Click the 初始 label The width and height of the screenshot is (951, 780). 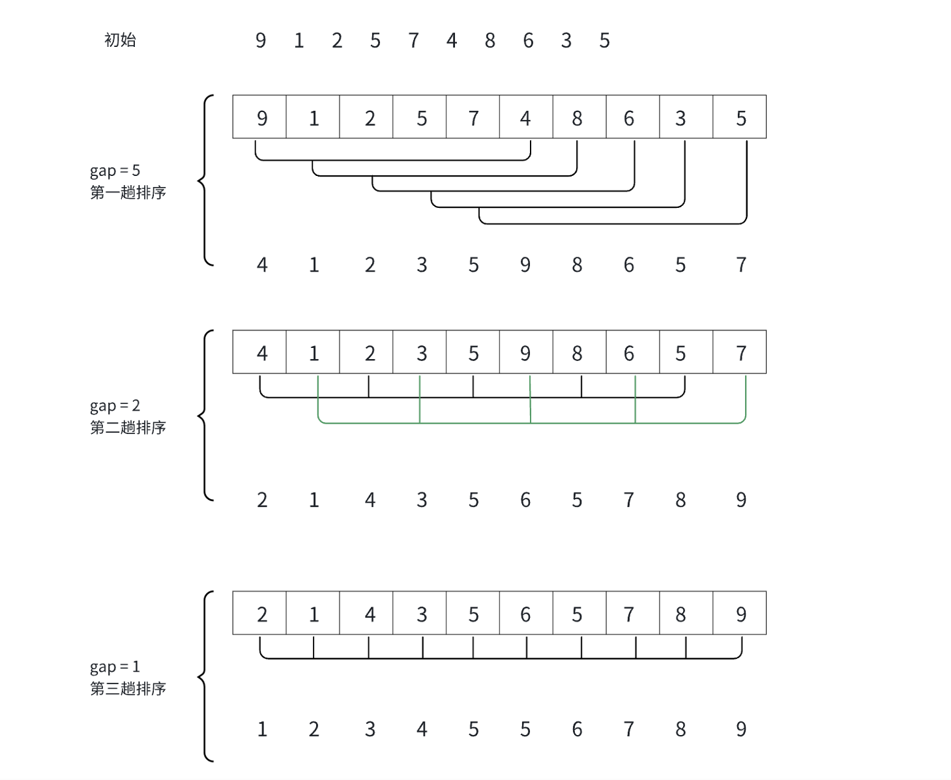pos(120,40)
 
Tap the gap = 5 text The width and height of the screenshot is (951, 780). pos(115,171)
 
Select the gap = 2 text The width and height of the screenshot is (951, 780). pos(115,406)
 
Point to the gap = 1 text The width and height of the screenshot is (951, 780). pos(115,667)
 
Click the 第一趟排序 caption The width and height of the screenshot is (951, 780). pos(128,192)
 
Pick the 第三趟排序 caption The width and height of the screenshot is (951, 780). pos(128,688)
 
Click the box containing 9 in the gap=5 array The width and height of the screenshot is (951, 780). pos(259,117)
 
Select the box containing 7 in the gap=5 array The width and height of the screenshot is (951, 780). pos(473,117)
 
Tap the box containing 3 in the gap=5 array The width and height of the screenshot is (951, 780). pos(686,117)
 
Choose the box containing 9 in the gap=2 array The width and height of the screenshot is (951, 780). pos(526,353)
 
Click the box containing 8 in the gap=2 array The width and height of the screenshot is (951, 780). pos(579,353)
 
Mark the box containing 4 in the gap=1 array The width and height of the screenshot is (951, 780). pos(366,613)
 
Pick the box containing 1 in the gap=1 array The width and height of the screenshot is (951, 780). pos(313,613)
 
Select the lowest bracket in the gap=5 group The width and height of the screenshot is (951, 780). pos(613,224)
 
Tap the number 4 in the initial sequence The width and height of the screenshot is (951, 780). pos(452,40)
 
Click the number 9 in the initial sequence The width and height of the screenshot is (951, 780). pos(261,40)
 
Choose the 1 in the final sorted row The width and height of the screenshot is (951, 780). pos(262,729)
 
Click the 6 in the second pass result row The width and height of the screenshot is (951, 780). pos(525,500)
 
